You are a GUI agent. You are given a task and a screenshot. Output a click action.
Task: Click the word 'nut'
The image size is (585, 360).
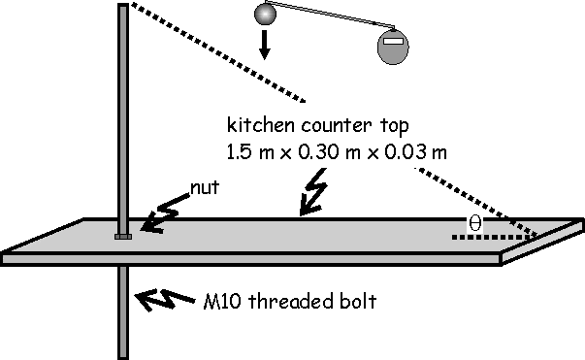click(205, 188)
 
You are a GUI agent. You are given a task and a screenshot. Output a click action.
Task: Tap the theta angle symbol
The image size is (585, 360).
click(475, 224)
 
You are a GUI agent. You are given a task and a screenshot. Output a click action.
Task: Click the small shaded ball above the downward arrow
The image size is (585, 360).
click(265, 14)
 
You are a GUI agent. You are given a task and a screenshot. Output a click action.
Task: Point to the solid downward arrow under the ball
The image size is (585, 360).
click(265, 45)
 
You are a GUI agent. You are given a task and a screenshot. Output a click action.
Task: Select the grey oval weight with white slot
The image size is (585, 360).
click(393, 47)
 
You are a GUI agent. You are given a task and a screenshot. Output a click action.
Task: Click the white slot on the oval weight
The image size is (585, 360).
click(393, 41)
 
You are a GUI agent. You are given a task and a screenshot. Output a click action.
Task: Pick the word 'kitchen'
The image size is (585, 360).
click(260, 125)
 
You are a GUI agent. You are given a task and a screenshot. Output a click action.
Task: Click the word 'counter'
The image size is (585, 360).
click(337, 126)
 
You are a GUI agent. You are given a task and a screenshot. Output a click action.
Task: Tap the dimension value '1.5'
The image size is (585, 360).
click(239, 152)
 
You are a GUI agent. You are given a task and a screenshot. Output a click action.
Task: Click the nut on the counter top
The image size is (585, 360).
click(123, 236)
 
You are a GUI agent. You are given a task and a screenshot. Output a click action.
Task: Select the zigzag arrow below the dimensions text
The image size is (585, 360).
click(313, 192)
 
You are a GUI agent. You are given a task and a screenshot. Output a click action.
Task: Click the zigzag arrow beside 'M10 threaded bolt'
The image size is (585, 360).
click(164, 300)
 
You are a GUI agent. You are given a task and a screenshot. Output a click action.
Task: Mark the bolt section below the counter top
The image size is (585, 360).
click(123, 312)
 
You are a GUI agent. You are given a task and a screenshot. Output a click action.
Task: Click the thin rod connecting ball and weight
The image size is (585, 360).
click(330, 15)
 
